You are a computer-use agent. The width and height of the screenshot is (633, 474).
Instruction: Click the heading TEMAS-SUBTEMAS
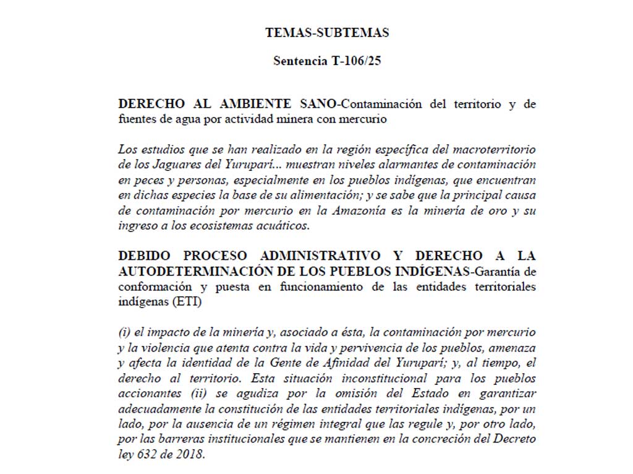point(327,32)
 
